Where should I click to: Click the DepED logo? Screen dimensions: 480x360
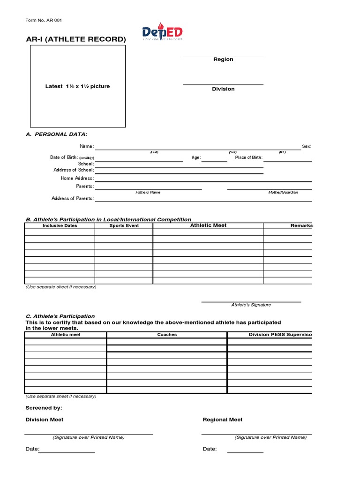[x=162, y=32]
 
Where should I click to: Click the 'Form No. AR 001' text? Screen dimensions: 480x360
[x=44, y=20]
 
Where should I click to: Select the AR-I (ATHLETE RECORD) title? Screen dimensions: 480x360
[x=76, y=39]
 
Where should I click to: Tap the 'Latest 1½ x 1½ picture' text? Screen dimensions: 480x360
[x=77, y=86]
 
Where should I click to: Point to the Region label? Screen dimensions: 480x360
[x=223, y=60]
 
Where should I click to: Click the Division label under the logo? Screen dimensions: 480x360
[x=223, y=89]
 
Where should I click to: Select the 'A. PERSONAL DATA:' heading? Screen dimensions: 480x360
[x=56, y=135]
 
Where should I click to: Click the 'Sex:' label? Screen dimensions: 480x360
[x=307, y=147]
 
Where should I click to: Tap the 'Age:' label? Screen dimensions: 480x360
[x=196, y=157]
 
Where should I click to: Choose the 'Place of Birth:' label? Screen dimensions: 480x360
[x=249, y=157]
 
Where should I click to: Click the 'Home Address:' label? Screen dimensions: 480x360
[x=77, y=178]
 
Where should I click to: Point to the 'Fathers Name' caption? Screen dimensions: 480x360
[x=148, y=193]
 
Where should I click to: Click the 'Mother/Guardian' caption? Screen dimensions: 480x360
[x=283, y=193]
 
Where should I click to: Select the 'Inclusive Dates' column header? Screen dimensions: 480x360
[x=60, y=226]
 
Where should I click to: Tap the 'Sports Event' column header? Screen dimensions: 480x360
[x=124, y=226]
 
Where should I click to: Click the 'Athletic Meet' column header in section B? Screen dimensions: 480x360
[x=208, y=225]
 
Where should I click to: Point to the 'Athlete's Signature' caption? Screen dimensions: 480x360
[x=251, y=305]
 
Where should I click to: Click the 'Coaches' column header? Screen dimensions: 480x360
[x=167, y=335]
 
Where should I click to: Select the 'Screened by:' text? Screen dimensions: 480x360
[x=44, y=408]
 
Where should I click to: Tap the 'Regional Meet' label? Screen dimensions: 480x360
[x=223, y=420]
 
